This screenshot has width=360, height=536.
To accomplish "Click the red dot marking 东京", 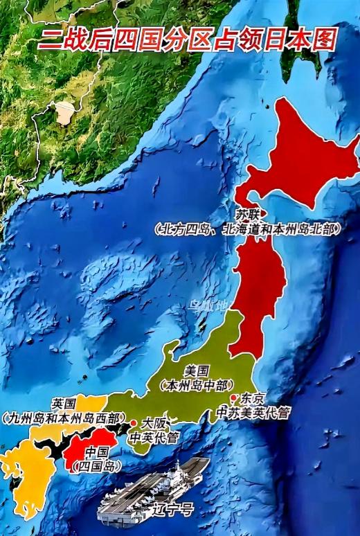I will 235,397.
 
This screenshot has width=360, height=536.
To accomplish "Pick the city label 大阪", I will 153,422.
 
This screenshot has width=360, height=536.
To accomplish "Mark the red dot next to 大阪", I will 133,423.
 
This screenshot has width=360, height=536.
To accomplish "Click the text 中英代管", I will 155,436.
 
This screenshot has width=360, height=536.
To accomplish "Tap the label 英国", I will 64,404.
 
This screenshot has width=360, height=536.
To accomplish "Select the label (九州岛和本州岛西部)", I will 63,418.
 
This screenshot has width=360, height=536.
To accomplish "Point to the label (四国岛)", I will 96,465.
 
